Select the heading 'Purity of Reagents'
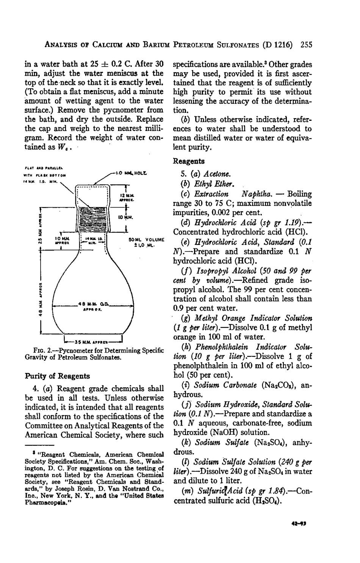pos(58,376)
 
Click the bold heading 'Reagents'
pos(189,161)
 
